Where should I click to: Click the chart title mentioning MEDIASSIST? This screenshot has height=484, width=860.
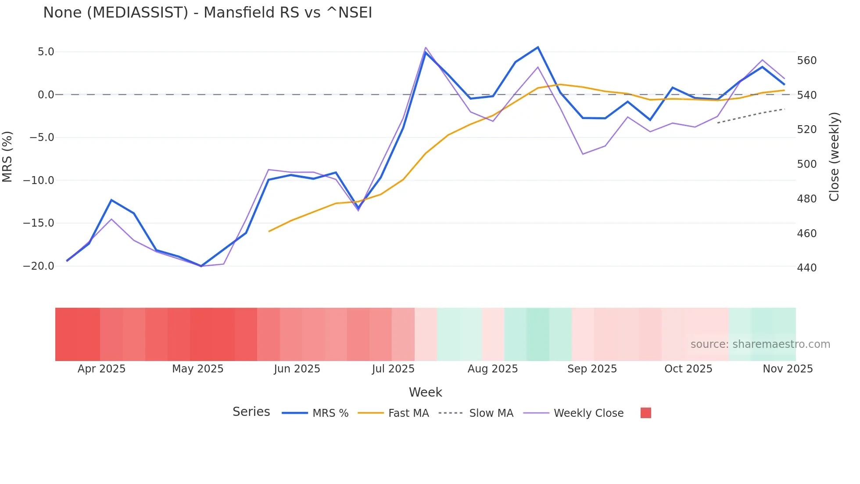208,13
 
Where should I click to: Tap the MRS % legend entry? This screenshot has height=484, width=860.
315,413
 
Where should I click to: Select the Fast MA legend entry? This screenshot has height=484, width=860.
393,413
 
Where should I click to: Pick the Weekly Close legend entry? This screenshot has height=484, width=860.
573,413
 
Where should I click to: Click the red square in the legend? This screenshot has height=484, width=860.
645,413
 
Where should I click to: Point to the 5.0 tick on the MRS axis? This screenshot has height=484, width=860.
46,52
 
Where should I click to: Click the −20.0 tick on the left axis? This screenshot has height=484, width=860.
39,266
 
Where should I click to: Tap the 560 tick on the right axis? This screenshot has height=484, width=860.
806,61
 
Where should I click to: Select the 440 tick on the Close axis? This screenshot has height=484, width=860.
806,268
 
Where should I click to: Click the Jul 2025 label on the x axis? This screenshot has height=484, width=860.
393,369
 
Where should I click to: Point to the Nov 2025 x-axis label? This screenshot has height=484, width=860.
788,369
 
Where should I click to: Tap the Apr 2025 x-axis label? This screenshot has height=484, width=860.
101,369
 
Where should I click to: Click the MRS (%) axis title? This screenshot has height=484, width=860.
7,157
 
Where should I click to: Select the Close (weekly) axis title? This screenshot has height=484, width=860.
834,157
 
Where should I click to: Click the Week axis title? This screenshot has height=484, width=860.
425,392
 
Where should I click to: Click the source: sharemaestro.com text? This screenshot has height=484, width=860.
760,344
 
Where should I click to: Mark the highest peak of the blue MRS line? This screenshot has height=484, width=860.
538,47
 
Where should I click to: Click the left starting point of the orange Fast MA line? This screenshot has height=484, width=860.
269,231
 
